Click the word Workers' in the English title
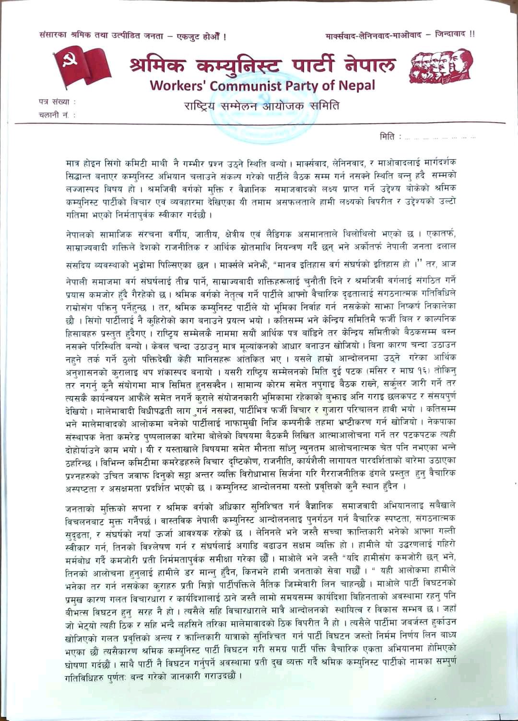click(x=177, y=86)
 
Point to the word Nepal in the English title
click(x=355, y=86)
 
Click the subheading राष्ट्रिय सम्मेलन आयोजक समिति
click(x=261, y=105)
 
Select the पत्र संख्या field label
click(x=56, y=102)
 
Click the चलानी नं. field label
click(x=56, y=115)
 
